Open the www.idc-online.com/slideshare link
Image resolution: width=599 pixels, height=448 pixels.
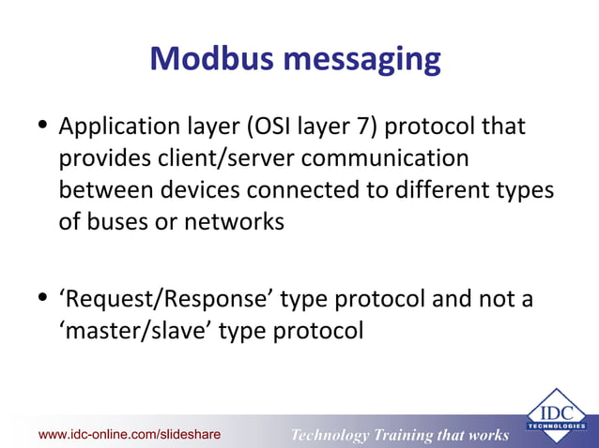coord(130,434)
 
